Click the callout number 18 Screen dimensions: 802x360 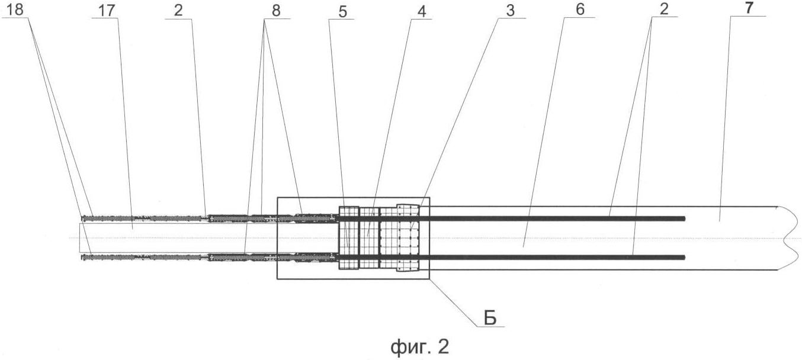pyautogui.click(x=15, y=9)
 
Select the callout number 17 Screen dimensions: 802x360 pyautogui.click(x=106, y=11)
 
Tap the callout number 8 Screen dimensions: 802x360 pyautogui.click(x=276, y=11)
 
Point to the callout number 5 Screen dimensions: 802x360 pyautogui.click(x=342, y=11)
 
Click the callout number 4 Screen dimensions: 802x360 pyautogui.click(x=422, y=11)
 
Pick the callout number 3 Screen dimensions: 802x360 pyautogui.click(x=510, y=11)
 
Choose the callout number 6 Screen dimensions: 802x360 pyautogui.click(x=580, y=9)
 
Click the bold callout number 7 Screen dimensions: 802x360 pyautogui.click(x=748, y=9)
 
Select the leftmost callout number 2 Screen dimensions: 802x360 pyautogui.click(x=178, y=10)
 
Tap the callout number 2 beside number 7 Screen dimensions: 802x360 pyautogui.click(x=664, y=9)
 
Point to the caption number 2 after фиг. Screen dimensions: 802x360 pyautogui.click(x=443, y=346)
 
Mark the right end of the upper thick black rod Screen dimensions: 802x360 pyautogui.click(x=685, y=218)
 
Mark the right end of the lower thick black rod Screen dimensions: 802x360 pyautogui.click(x=685, y=258)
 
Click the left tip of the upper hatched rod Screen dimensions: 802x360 pyautogui.click(x=82, y=218)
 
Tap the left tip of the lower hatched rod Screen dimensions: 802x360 pyautogui.click(x=82, y=257)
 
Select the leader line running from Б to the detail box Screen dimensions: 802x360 pyautogui.click(x=454, y=303)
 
